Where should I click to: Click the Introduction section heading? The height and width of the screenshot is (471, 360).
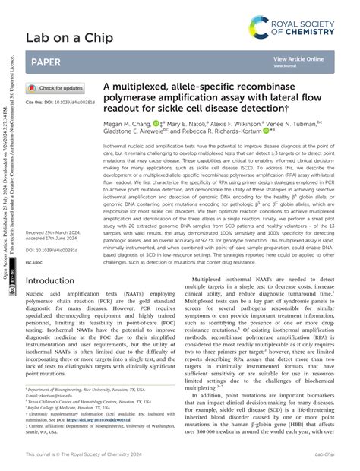tap(60, 259)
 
